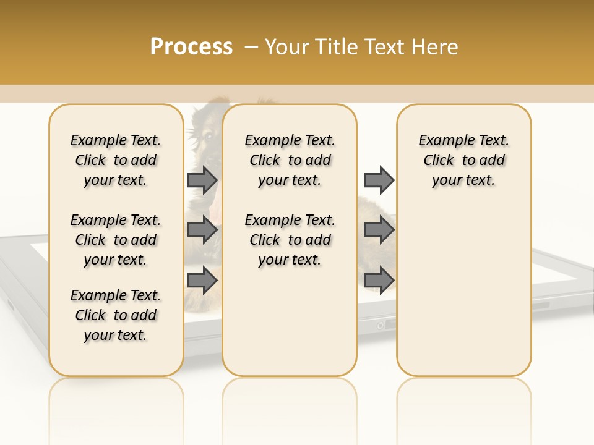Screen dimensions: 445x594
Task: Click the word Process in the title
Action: point(191,47)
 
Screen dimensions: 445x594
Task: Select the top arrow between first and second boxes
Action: point(202,180)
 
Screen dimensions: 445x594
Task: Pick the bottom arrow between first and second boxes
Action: point(202,281)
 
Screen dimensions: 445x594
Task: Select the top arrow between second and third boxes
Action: point(379,180)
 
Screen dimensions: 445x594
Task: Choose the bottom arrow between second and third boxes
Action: point(379,281)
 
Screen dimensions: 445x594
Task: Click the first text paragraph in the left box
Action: point(116,160)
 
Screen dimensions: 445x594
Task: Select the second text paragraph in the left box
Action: point(116,240)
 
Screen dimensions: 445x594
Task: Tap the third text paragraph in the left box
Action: point(116,315)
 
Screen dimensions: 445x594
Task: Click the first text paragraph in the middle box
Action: point(290,160)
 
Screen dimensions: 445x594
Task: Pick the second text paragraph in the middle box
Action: point(290,240)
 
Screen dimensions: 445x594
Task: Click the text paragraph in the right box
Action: point(463,160)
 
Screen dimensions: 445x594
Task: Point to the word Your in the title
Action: point(288,47)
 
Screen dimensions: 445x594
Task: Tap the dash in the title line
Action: point(251,48)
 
